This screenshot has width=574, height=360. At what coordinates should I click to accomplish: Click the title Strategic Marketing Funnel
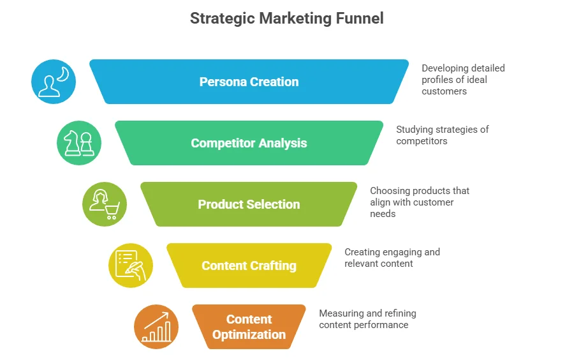(287, 19)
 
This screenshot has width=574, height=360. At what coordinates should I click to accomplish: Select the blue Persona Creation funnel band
(249, 82)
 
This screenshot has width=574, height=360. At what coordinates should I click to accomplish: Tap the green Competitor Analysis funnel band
(249, 143)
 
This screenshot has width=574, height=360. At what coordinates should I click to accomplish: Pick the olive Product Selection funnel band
(249, 204)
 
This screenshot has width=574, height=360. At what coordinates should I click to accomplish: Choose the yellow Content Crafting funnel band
(249, 266)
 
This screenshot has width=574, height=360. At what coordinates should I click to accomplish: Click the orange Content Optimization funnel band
(249, 327)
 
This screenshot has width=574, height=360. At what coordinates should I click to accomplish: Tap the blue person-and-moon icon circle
(54, 82)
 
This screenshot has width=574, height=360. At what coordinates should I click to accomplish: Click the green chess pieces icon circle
(79, 143)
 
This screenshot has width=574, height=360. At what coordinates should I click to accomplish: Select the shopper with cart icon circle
(105, 204)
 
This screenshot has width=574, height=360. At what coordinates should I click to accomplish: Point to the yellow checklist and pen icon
(131, 266)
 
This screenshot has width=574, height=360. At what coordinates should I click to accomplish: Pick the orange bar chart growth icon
(156, 327)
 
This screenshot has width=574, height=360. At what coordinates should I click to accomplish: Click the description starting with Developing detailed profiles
(463, 80)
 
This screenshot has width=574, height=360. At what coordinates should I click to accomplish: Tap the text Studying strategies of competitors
(442, 135)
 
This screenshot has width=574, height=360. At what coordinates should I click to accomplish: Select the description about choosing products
(420, 202)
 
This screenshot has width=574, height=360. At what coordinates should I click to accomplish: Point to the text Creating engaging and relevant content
(392, 258)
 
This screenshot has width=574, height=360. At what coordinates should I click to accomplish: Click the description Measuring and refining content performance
(367, 319)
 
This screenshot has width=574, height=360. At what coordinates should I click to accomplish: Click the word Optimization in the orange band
(249, 335)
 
